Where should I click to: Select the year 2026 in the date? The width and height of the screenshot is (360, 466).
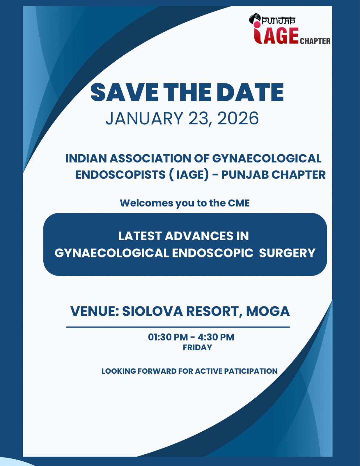tap(238, 119)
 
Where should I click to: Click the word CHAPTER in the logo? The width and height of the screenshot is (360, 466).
tap(315, 41)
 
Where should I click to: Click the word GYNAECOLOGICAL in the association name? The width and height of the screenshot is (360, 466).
tap(267, 159)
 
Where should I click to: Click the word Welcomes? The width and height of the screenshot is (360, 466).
tap(146, 203)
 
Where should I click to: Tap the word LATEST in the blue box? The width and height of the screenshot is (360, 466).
tap(140, 236)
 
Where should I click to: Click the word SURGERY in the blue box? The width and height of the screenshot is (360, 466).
tap(287, 253)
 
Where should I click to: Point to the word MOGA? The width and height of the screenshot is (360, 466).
tap(268, 311)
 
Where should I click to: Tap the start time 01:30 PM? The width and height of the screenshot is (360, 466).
tap(168, 337)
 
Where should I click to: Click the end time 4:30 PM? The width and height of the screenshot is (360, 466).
tap(216, 337)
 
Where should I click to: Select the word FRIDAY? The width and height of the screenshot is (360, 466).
tap(197, 347)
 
